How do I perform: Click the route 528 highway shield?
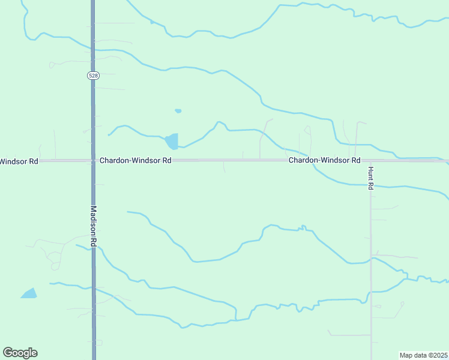[92, 76]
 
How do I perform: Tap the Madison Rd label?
[94, 227]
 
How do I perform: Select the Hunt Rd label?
[371, 178]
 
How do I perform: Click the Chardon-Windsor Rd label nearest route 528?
[136, 161]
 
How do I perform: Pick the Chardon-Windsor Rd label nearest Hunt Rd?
[324, 161]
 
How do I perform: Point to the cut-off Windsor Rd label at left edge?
[19, 161]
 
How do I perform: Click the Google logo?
[20, 353]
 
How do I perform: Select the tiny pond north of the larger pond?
[178, 111]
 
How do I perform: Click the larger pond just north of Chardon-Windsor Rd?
[172, 142]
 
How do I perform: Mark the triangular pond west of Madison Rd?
[29, 294]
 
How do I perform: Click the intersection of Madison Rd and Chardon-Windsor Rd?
[93, 161]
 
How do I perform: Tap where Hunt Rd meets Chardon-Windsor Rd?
[370, 161]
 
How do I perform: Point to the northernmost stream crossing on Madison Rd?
[93, 49]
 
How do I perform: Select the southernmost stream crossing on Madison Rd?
[93, 288]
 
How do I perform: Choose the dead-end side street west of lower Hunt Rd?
[348, 335]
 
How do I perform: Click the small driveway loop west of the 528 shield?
[52, 64]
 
